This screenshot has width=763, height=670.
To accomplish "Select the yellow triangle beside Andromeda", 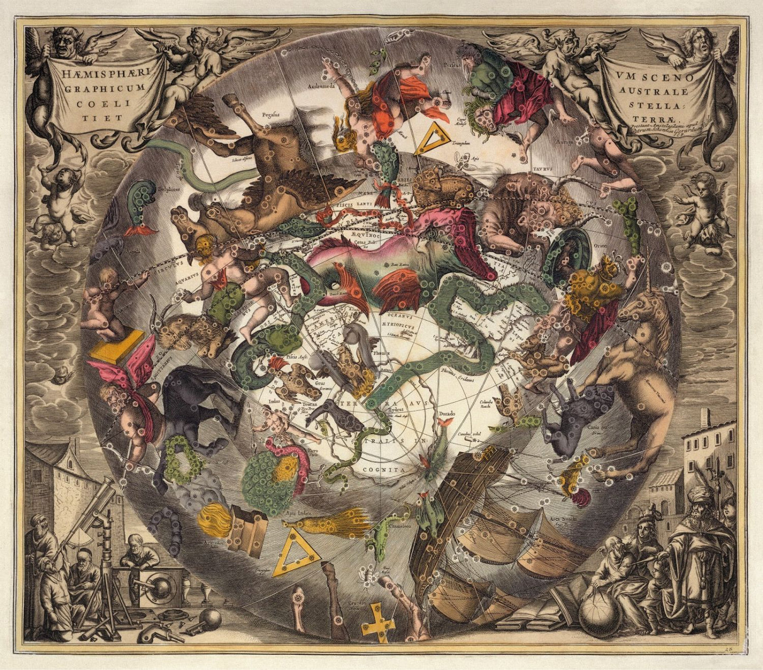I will pos(432,137).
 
